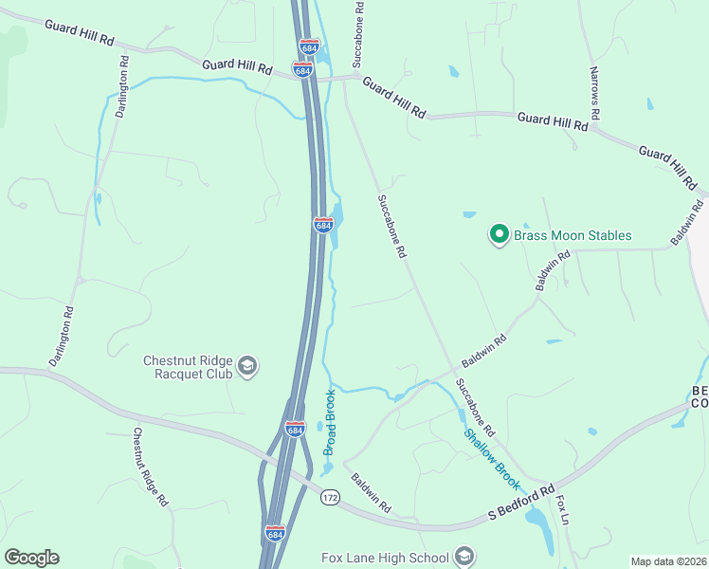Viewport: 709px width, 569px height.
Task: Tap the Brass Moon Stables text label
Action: tap(573, 235)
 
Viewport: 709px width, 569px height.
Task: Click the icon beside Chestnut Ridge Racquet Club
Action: tap(247, 366)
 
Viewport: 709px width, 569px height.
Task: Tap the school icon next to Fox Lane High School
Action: tap(464, 555)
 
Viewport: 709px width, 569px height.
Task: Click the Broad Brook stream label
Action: tap(330, 423)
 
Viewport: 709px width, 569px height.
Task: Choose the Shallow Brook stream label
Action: tap(493, 452)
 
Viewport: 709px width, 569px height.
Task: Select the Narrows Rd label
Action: tap(594, 92)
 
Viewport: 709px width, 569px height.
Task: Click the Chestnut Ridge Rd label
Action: tap(150, 467)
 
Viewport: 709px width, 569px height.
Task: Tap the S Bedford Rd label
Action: tap(520, 504)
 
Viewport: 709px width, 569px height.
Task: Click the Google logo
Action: tap(31, 558)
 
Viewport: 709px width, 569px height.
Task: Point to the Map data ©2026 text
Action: tap(667, 561)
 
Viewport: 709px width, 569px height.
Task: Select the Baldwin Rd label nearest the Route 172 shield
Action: tap(372, 493)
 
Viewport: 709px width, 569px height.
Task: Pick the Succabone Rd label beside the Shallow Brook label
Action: tap(475, 406)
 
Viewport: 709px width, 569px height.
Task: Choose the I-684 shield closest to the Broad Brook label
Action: tap(296, 430)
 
